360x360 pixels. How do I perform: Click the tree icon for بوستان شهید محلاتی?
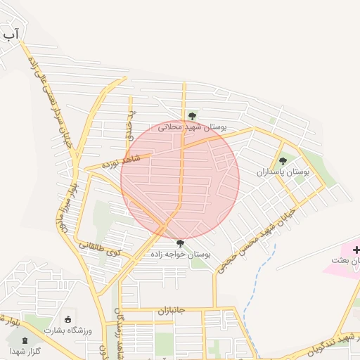192,115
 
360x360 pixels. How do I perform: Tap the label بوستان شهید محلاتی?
192,127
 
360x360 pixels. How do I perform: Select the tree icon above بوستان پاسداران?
283,161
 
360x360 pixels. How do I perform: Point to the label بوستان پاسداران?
283,172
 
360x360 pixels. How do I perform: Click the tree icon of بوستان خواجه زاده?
181,243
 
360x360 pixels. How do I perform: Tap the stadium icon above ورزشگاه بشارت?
68,319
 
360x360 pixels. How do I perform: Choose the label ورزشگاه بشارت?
67,330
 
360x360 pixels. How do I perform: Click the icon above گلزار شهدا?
26,341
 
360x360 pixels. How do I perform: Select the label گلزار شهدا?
25,351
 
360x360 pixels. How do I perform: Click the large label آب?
11,32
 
